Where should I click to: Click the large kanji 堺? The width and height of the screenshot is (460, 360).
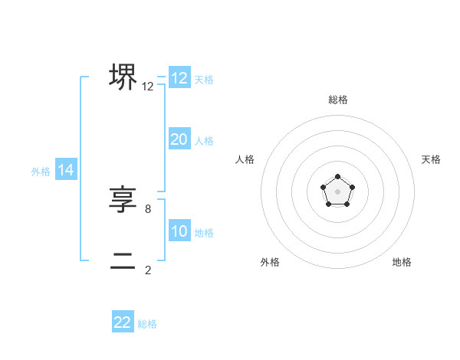pos(123,77)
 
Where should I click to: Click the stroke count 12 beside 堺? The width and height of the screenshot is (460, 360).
pos(148,87)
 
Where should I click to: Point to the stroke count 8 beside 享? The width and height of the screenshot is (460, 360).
pos(148,208)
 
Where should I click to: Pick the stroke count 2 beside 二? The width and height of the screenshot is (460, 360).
pos(148,270)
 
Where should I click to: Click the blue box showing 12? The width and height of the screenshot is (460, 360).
pos(179,78)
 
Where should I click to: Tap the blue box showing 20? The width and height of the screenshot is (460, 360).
pos(179,139)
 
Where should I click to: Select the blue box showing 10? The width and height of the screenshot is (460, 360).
pos(179,232)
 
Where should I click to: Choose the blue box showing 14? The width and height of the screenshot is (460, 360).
pos(66,171)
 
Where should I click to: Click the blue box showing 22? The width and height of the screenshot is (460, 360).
pos(123,322)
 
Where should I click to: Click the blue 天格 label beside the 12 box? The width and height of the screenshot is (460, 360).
pos(204,79)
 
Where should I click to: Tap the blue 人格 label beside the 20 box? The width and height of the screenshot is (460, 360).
pos(204,141)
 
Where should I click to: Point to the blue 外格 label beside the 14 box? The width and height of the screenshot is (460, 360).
pos(41,172)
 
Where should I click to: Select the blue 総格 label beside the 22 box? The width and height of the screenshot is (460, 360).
pos(147,324)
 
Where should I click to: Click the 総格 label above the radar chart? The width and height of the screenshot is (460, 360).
pos(337,100)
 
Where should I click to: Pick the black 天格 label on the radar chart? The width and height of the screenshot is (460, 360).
pos(431,159)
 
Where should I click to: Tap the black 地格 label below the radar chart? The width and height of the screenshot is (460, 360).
pos(402,262)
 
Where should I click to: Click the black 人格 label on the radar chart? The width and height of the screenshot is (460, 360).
pos(245,159)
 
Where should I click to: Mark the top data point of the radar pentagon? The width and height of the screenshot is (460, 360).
pos(337,178)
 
